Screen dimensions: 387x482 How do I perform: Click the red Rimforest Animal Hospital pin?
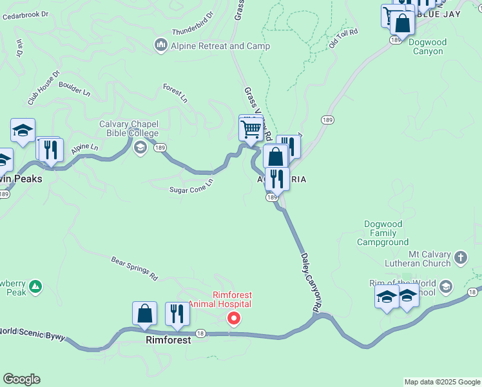coord(235,317)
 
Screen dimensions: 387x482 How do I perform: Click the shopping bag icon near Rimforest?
coord(145,313)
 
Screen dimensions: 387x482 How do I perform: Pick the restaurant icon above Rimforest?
coord(177,313)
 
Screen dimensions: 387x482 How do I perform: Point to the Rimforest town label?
coord(168,339)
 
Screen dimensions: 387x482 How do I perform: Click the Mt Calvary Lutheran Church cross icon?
coord(460,258)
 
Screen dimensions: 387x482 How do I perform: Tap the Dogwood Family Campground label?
coord(383,233)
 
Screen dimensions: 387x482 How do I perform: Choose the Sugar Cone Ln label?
coord(191,186)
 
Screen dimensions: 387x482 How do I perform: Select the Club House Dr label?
coord(43,88)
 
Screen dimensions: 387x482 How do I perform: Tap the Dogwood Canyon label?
coord(427,46)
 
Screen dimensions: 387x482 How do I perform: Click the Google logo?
coord(21,379)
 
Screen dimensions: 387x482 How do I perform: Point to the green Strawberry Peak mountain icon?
coord(35,284)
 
